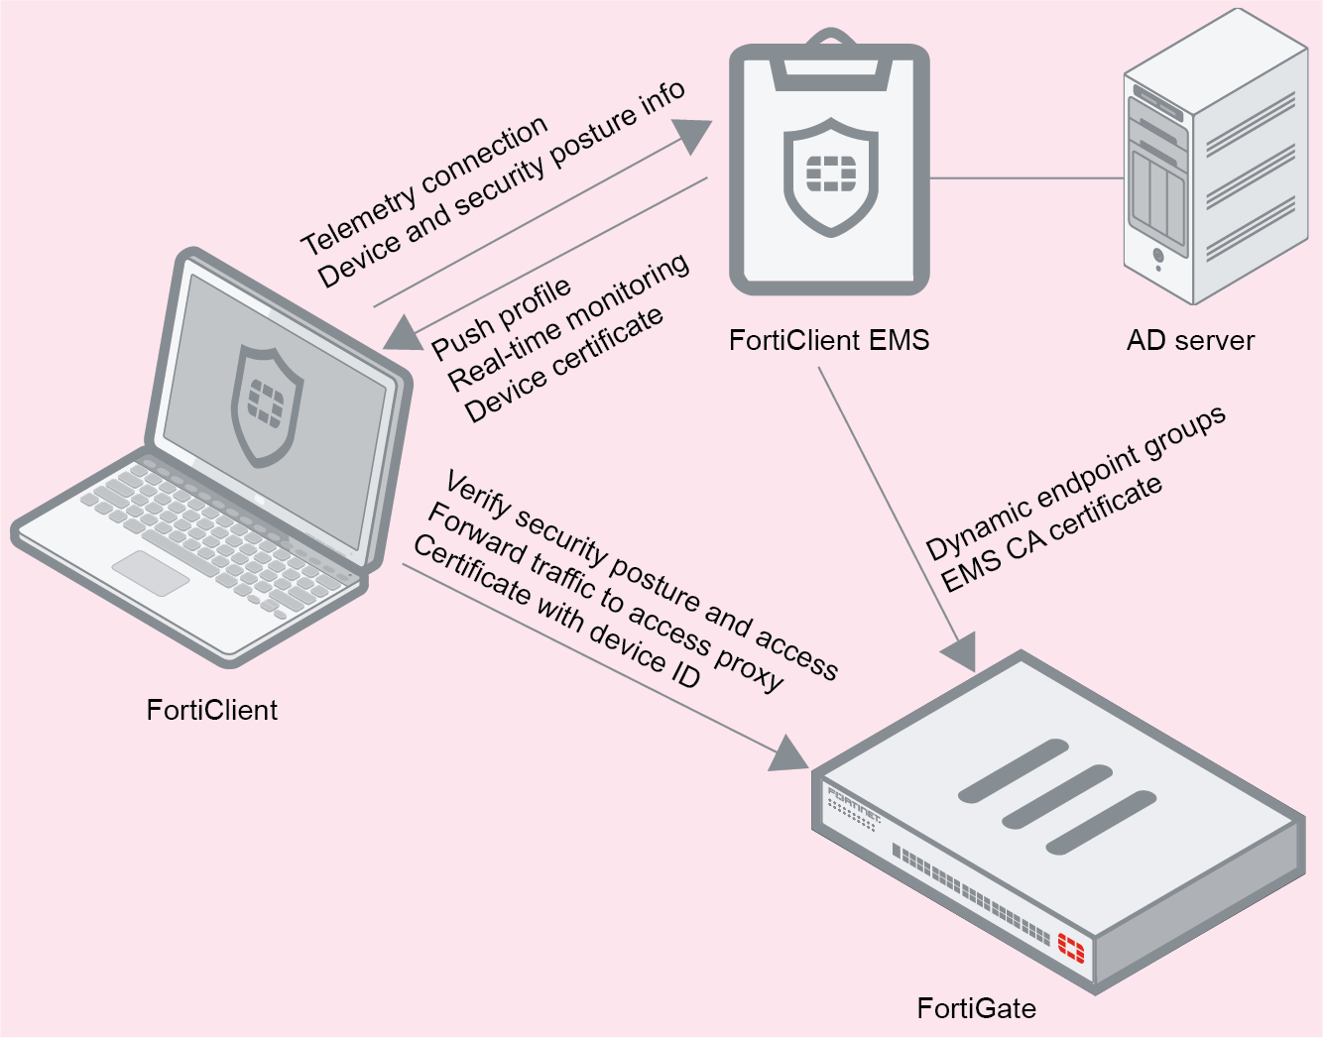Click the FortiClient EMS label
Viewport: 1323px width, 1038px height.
click(x=828, y=340)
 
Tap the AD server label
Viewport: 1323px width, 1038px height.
click(x=1189, y=340)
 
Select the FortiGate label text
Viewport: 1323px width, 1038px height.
click(x=976, y=1008)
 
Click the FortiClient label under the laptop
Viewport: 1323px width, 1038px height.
click(x=211, y=710)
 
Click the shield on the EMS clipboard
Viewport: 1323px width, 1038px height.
click(x=830, y=176)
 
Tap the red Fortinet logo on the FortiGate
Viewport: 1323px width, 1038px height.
click(x=1071, y=947)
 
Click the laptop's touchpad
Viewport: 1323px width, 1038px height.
click(x=151, y=573)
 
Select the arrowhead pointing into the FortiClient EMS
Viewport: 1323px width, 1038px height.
click(x=694, y=134)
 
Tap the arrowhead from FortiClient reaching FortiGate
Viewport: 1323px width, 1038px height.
click(x=790, y=755)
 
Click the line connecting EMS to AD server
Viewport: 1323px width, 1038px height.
click(x=1026, y=178)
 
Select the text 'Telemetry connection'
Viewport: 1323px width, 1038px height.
click(x=424, y=184)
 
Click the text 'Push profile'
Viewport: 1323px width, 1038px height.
click(x=501, y=317)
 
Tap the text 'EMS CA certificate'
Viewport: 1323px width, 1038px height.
click(x=1050, y=533)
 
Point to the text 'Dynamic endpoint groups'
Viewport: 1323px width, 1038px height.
click(x=1075, y=483)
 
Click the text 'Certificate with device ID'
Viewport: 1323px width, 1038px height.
click(x=556, y=612)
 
